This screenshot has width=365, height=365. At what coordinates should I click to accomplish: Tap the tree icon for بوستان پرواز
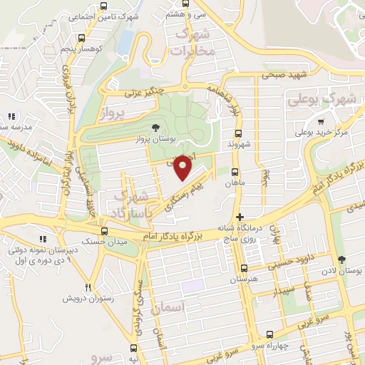click(x=156, y=128)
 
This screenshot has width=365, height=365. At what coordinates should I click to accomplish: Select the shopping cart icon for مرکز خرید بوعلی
click(x=321, y=121)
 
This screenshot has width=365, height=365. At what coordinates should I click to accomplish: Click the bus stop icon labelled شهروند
click(x=239, y=133)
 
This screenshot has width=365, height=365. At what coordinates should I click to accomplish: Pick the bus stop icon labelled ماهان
click(x=235, y=171)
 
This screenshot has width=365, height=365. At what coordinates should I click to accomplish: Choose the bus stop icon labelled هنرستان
click(x=245, y=269)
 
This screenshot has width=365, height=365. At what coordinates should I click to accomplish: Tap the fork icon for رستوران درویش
click(x=89, y=287)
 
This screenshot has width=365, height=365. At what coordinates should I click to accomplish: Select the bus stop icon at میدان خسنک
click(x=105, y=231)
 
